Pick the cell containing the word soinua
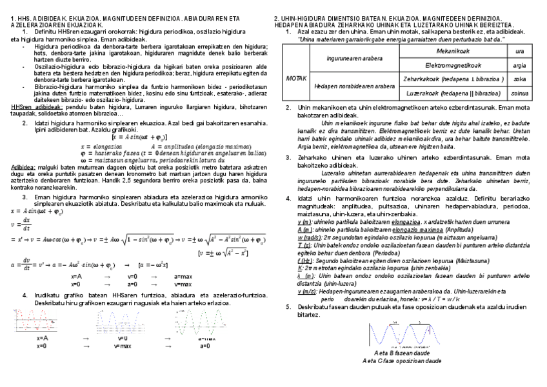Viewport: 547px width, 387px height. pos(519,93)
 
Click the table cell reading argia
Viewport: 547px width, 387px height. pos(519,64)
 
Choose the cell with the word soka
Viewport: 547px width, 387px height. pos(519,79)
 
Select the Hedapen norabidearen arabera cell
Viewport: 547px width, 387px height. pos(354,86)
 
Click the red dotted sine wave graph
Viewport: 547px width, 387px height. pos(38,321)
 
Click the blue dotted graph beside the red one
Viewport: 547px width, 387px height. pos(116,321)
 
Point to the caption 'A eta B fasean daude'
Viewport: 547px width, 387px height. pos(402,353)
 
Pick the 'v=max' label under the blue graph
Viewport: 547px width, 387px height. pos(123,346)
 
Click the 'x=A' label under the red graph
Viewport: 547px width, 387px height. pos(42,338)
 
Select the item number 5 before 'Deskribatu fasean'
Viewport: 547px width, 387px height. pos(288,307)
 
